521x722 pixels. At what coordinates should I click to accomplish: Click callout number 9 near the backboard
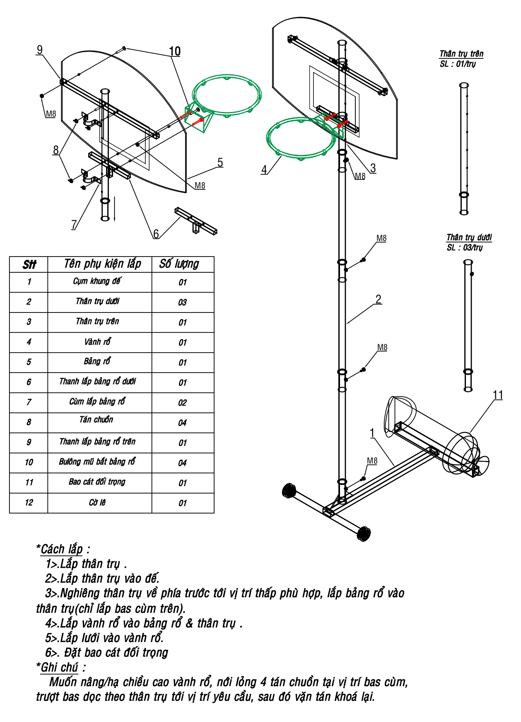[x=40, y=50]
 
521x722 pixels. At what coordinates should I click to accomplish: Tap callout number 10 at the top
[x=175, y=51]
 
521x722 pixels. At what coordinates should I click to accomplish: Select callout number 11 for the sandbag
[x=498, y=395]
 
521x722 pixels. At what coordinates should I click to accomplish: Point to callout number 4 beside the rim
[x=264, y=169]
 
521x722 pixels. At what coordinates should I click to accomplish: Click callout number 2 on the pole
[x=378, y=299]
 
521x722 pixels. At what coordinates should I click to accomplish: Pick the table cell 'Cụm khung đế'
[x=97, y=281]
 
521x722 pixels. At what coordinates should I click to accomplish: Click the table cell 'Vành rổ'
[x=97, y=342]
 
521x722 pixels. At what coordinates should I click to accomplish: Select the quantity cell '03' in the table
[x=183, y=303]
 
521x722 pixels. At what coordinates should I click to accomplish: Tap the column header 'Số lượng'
[x=179, y=264]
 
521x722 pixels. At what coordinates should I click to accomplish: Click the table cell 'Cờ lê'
[x=97, y=503]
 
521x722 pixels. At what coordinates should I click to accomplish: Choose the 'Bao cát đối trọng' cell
[x=97, y=482]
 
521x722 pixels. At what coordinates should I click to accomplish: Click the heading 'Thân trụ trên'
[x=461, y=54]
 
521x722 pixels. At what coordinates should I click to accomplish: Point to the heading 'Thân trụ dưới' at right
[x=469, y=237]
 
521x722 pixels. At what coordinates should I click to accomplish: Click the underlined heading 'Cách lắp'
[x=62, y=550]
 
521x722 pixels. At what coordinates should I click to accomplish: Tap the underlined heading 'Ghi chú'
[x=59, y=667]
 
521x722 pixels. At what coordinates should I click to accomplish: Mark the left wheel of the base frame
[x=289, y=491]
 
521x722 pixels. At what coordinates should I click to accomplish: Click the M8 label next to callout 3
[x=360, y=176]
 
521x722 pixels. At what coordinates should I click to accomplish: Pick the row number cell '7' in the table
[x=29, y=402]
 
